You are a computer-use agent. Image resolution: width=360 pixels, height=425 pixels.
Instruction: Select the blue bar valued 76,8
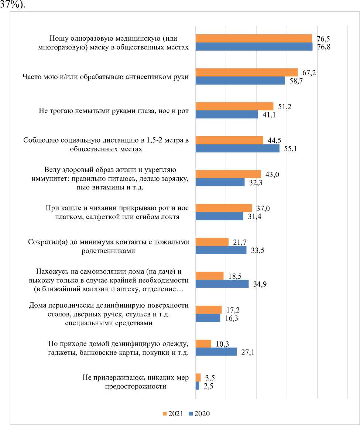point(254,47)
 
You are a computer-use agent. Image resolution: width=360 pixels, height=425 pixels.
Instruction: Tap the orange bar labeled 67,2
point(246,72)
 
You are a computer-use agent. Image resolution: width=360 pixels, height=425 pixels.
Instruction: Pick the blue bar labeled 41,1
point(226,114)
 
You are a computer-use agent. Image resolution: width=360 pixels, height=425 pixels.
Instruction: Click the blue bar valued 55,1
point(237,148)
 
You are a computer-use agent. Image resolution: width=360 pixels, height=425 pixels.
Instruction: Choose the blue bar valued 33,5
point(220,250)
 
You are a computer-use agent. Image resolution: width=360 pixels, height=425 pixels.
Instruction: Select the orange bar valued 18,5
point(209,276)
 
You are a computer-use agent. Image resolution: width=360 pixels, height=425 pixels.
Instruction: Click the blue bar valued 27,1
point(216,352)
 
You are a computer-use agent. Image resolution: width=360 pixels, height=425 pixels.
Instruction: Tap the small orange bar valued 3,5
point(198,377)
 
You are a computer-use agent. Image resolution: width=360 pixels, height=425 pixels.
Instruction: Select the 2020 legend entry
point(199,413)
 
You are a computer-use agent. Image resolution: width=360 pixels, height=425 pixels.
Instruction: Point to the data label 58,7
point(296,80)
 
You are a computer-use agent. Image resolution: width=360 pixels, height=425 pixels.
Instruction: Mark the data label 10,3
point(222,344)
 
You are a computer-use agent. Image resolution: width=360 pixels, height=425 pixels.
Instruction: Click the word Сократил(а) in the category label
point(47,242)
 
